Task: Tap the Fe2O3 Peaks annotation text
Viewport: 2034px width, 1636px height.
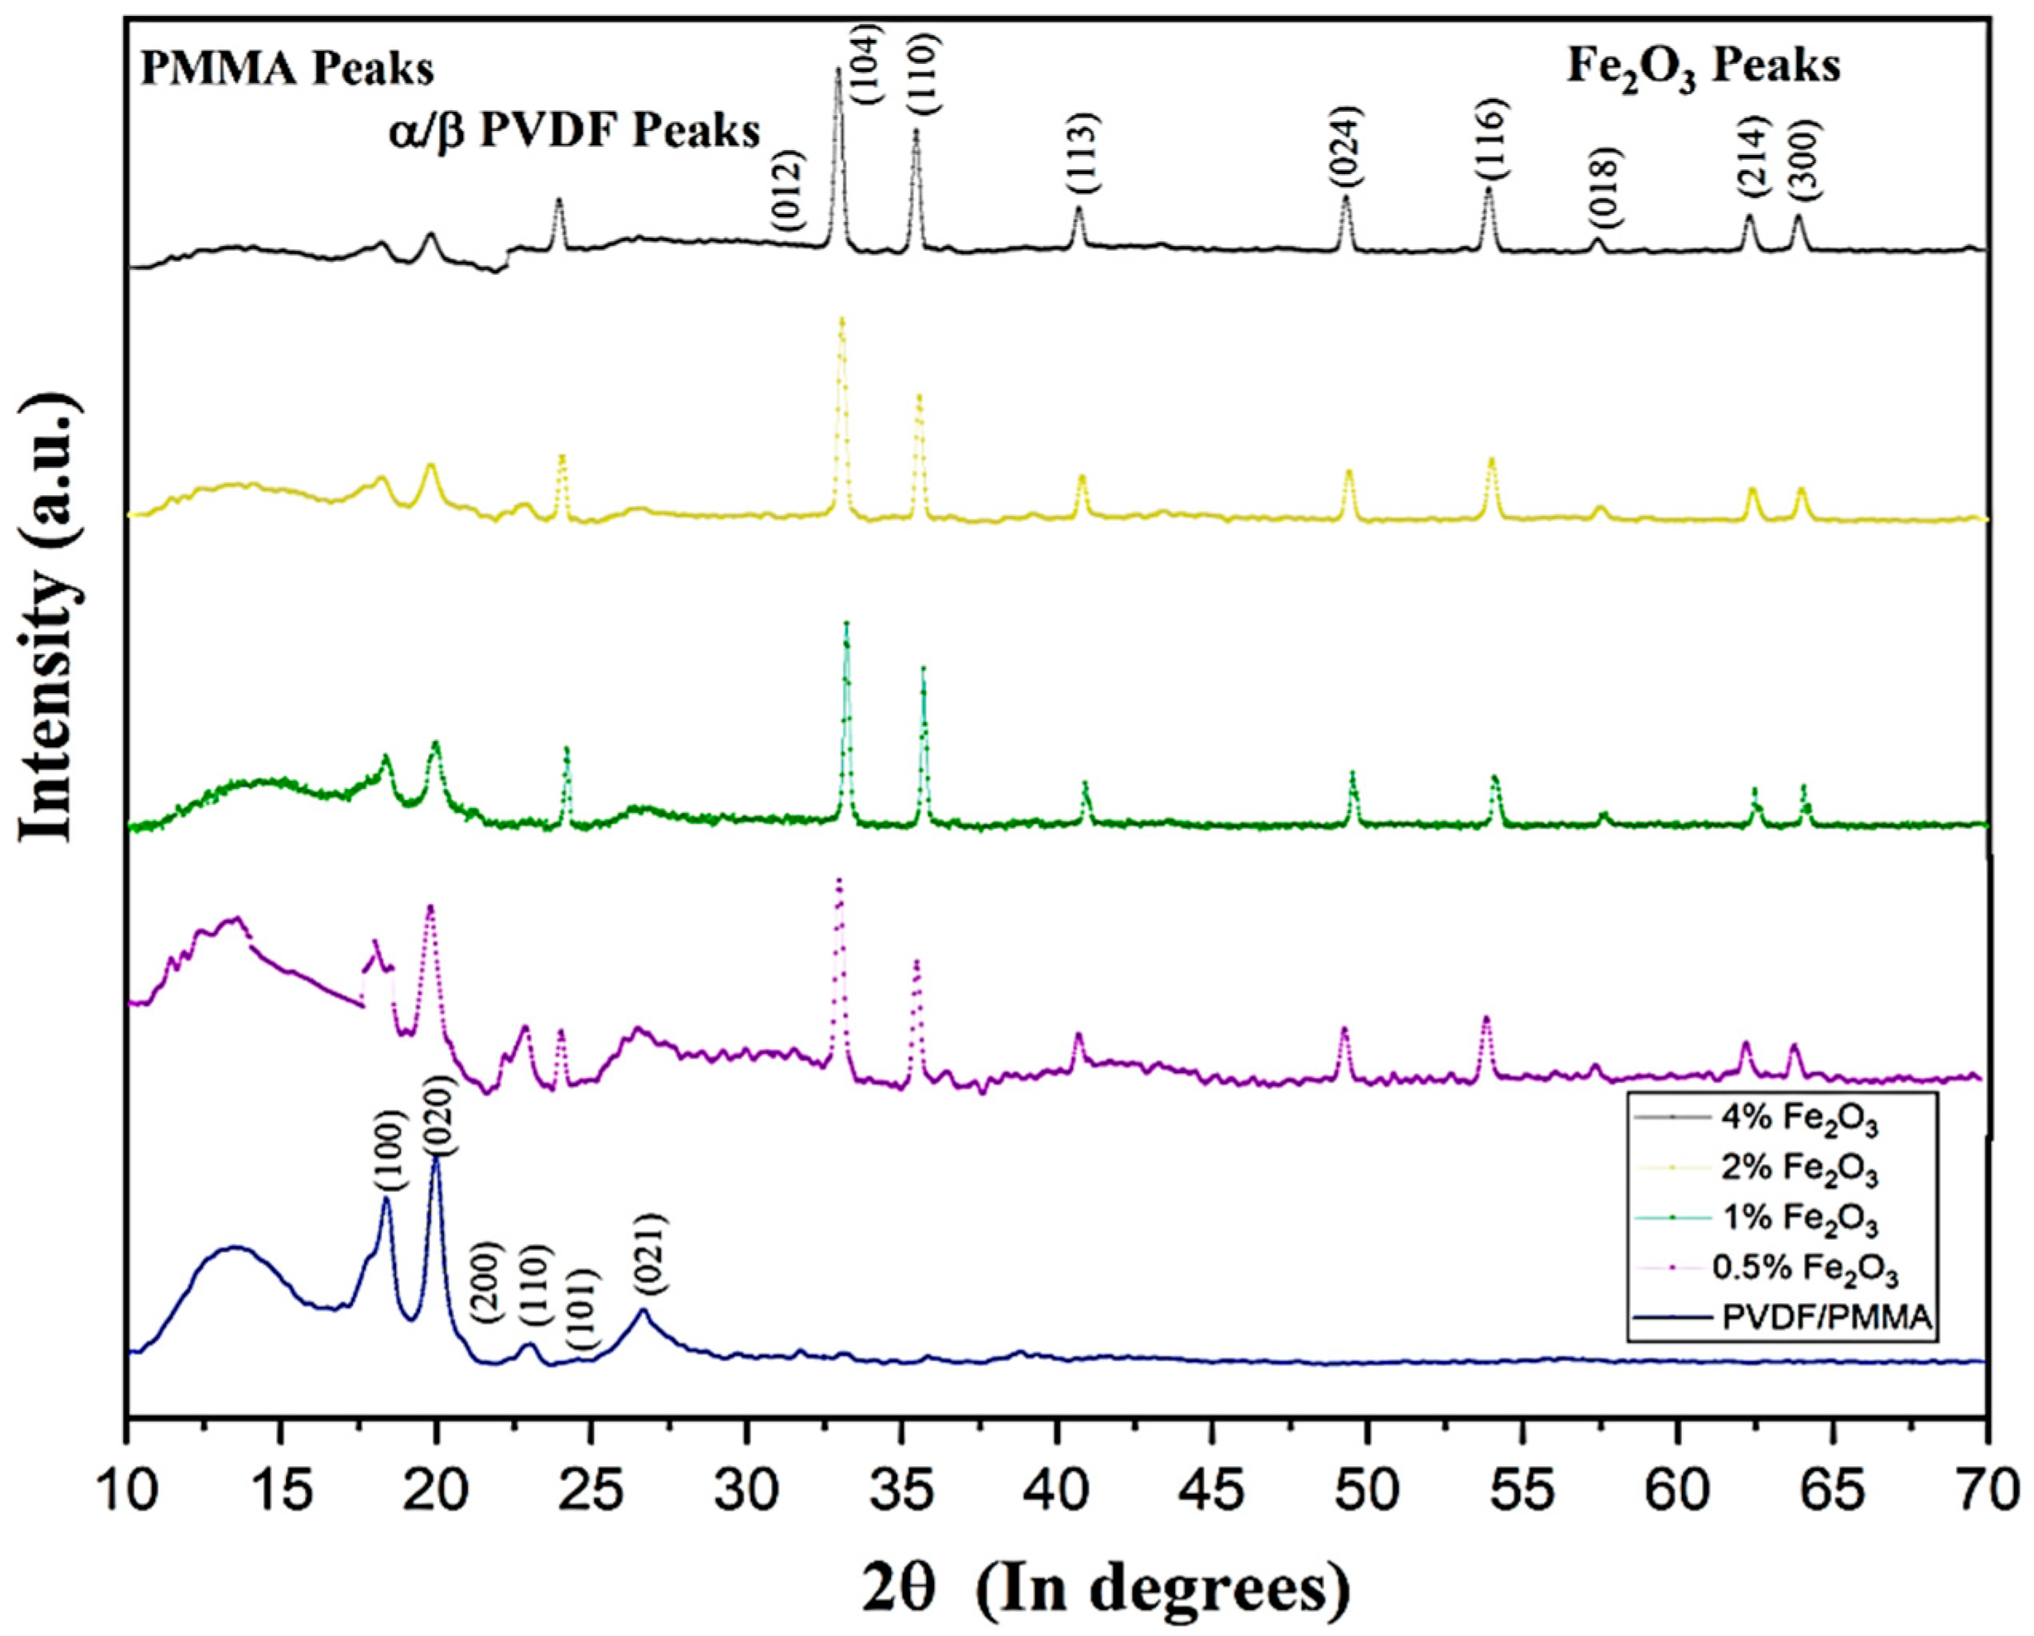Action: point(1703,68)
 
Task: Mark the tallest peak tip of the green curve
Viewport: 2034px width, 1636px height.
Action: point(846,624)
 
